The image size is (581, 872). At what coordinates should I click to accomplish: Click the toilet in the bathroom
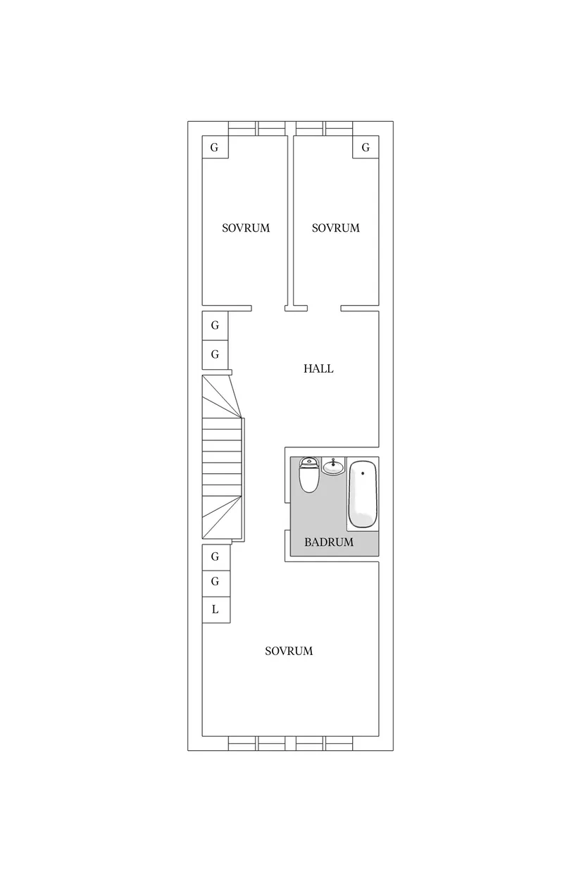point(309,475)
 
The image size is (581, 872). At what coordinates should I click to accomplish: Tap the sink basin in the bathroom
point(333,466)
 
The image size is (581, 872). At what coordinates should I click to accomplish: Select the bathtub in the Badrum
point(363,494)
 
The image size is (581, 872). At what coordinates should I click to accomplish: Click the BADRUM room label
point(329,542)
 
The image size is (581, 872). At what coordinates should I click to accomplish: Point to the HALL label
point(318,368)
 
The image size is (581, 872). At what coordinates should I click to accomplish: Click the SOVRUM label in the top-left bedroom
point(246,228)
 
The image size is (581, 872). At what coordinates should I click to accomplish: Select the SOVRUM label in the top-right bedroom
point(335,228)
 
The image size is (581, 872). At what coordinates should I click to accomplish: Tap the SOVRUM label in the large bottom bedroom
point(289,651)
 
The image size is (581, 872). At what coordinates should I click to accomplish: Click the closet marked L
point(216,609)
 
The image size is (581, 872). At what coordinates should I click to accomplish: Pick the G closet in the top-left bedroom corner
point(215,147)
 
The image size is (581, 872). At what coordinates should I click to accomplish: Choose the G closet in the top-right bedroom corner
point(366,147)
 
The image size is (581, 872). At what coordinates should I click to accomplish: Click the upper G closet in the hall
point(215,325)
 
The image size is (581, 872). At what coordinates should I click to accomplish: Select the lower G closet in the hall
point(215,354)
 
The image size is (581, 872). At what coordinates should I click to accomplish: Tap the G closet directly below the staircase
point(216,556)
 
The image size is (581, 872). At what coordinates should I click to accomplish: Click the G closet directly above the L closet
point(216,583)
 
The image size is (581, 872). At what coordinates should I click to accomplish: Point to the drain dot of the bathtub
point(363,473)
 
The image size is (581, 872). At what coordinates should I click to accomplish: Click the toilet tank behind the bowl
point(308,461)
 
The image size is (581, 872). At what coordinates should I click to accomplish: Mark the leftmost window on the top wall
point(242,128)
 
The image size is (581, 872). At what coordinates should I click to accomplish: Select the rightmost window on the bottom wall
point(339,743)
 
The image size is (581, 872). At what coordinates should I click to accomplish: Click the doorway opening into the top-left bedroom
point(268,309)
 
